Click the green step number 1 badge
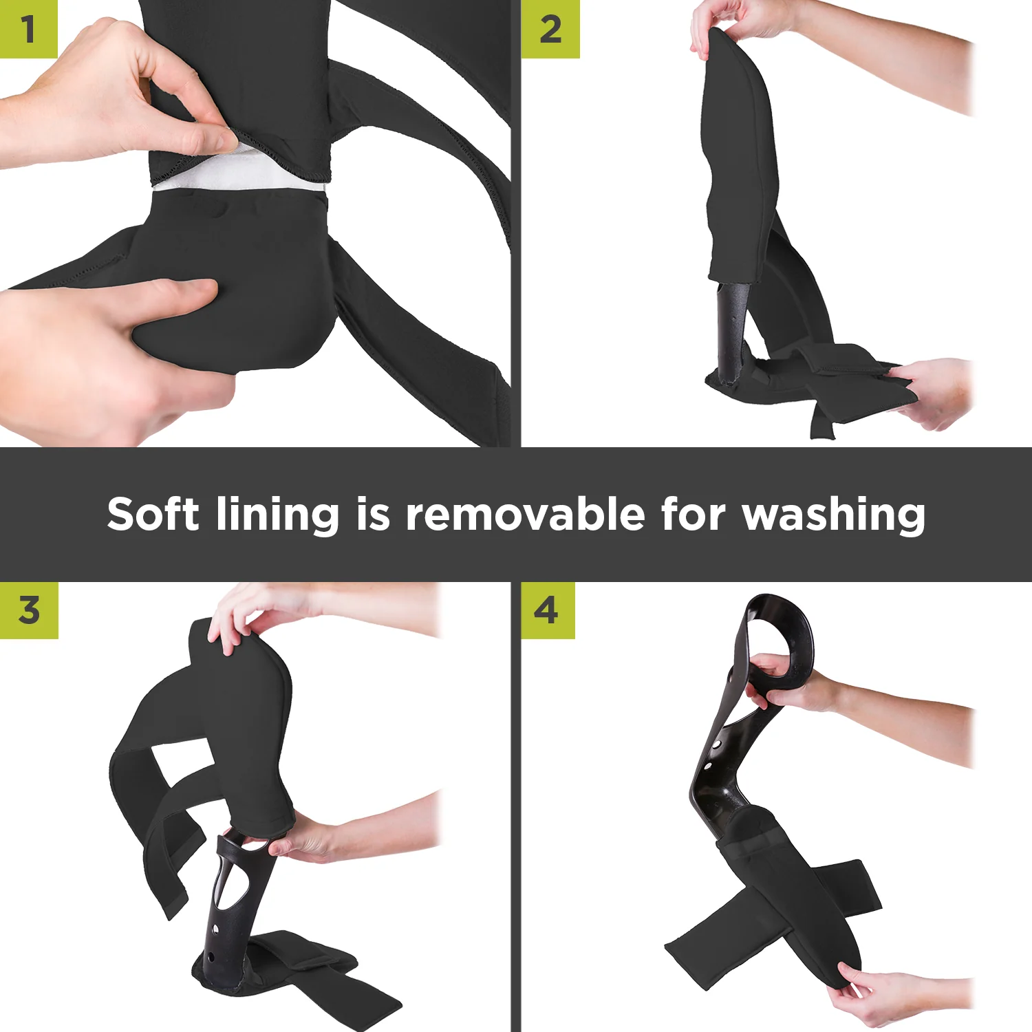click(28, 29)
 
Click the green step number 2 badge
click(550, 29)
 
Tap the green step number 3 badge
click(29, 610)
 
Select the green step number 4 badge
click(547, 610)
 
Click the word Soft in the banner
click(153, 515)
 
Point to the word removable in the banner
click(526, 515)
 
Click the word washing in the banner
click(833, 515)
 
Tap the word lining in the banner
click(277, 515)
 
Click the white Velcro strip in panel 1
click(234, 175)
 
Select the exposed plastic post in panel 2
click(731, 330)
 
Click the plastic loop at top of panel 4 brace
click(781, 636)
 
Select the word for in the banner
click(694, 515)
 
